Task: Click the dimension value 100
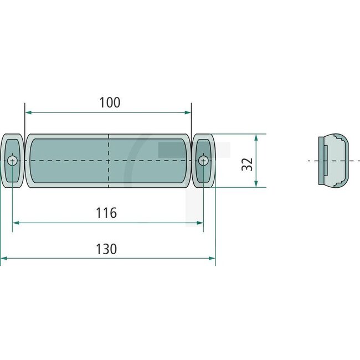point(109,102)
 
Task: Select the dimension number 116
point(106,213)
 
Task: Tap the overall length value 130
point(106,249)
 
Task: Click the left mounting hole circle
point(13,161)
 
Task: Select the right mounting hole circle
point(203,161)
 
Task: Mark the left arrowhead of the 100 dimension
point(28,112)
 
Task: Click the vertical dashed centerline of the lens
point(108,150)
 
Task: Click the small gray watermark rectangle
point(166,150)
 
